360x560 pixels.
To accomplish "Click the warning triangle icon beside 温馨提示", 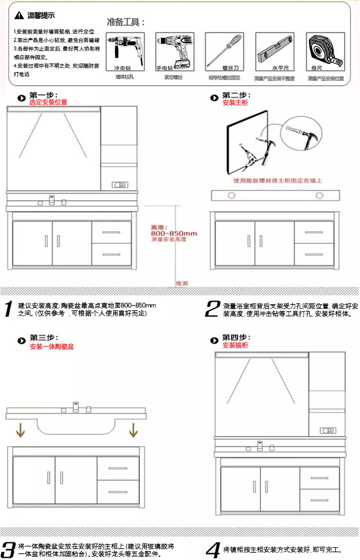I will [x=18, y=16].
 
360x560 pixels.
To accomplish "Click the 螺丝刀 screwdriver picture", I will [x=224, y=51].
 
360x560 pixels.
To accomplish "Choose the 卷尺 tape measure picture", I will [x=325, y=51].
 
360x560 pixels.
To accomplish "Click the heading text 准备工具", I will [x=126, y=22].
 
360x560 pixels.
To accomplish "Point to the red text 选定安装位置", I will [x=48, y=102].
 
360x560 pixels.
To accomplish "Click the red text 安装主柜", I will [x=235, y=102].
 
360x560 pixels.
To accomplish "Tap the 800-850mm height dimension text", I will [x=174, y=234].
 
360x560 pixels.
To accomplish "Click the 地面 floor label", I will [x=182, y=283].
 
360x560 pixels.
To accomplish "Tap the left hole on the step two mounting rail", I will [x=232, y=195].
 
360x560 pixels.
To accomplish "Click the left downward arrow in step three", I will [x=20, y=430].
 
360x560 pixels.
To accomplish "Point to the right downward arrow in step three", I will [x=133, y=430].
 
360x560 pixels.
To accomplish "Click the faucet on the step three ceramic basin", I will [x=75, y=407].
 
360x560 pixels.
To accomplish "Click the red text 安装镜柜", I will [x=235, y=345].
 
